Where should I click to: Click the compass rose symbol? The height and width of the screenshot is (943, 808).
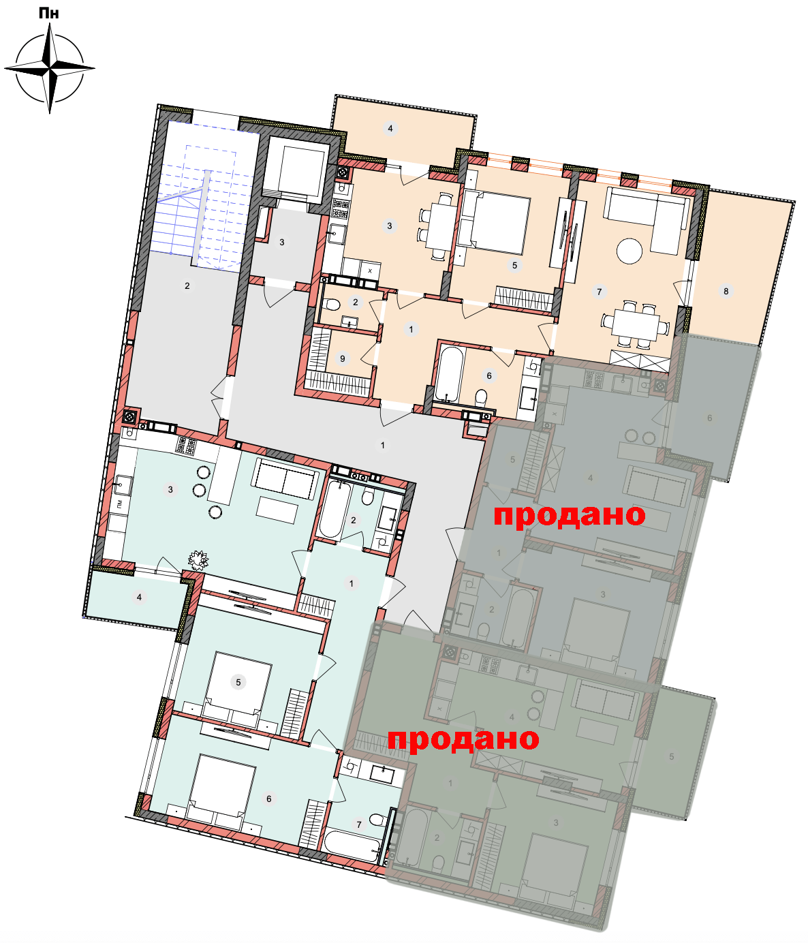coord(49,68)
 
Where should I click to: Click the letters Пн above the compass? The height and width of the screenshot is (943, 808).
coord(49,13)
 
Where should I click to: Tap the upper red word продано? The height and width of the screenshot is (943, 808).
coord(569,516)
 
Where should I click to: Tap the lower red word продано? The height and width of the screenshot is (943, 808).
coord(463,739)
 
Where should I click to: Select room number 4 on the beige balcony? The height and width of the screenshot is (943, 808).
coord(390,129)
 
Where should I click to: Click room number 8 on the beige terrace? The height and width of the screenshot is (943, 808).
coord(726,291)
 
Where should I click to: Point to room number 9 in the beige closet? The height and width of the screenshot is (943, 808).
coord(343,358)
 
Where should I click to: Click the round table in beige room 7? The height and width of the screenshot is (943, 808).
coord(629,251)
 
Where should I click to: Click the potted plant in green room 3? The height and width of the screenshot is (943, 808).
coord(198,560)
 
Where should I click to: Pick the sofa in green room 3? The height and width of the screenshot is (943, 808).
coord(285,478)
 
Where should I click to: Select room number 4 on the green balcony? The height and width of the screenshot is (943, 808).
coord(139,597)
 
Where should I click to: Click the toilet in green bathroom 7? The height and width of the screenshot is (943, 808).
coord(377,820)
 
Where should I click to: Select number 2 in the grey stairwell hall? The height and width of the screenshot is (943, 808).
coord(187,286)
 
